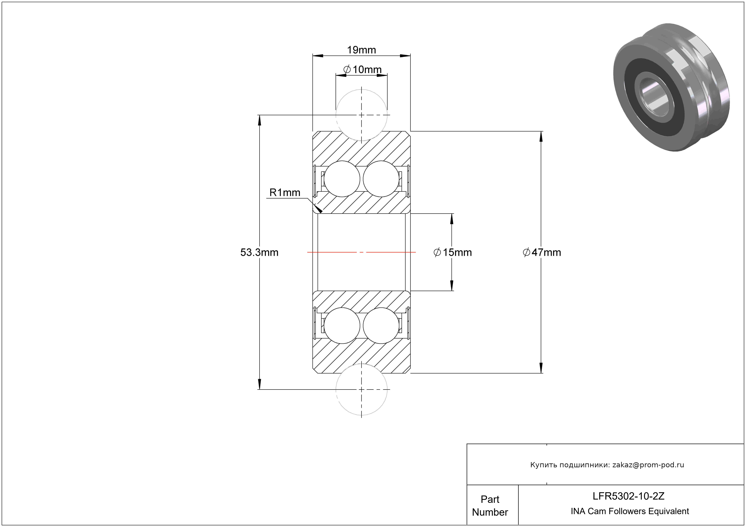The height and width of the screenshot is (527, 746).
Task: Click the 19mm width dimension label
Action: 361,50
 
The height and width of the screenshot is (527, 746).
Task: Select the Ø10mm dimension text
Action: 362,69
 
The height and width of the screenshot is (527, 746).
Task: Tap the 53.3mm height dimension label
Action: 259,252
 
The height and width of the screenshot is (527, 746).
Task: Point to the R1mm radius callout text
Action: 285,193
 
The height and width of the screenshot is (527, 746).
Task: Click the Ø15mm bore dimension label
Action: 453,252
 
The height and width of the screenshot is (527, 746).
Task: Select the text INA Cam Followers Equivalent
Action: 630,511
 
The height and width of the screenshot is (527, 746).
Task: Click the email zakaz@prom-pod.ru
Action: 648,465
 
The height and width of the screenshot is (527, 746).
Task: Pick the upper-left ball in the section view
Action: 342,179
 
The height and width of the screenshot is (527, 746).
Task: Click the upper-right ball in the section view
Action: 381,179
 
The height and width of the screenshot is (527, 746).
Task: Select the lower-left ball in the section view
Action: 342,325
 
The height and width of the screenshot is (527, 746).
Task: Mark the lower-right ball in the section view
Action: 381,325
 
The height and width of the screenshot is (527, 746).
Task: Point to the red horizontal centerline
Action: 331,252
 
